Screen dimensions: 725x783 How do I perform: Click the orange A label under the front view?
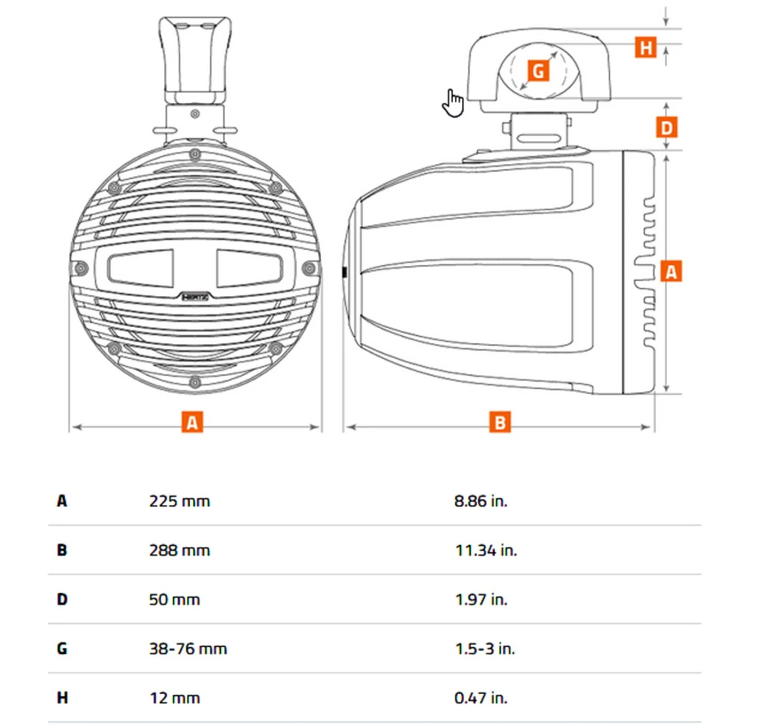(x=192, y=422)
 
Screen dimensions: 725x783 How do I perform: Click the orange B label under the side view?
(x=500, y=422)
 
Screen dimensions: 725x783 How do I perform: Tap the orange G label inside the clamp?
(x=538, y=70)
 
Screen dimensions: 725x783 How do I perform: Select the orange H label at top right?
(x=646, y=47)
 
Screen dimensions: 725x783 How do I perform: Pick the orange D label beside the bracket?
(x=666, y=127)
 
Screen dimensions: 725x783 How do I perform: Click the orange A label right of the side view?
(x=671, y=271)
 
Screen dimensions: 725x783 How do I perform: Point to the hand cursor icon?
(x=453, y=103)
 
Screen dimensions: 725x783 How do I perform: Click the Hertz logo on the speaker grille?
(x=195, y=297)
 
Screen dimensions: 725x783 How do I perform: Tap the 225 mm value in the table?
(x=179, y=501)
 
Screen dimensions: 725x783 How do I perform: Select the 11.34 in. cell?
(x=485, y=550)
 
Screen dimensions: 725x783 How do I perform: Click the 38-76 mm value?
(x=188, y=649)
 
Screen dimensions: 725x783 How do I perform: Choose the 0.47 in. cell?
(x=480, y=698)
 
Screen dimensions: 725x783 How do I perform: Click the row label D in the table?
(x=62, y=599)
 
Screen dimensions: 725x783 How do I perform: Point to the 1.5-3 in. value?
(x=484, y=649)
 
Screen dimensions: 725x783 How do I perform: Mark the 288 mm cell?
(x=179, y=550)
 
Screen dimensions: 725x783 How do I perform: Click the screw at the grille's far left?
(x=81, y=268)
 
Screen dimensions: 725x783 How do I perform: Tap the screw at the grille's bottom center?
(x=195, y=383)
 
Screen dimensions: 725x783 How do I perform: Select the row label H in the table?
(x=62, y=698)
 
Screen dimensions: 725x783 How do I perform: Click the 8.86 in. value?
(x=480, y=501)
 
